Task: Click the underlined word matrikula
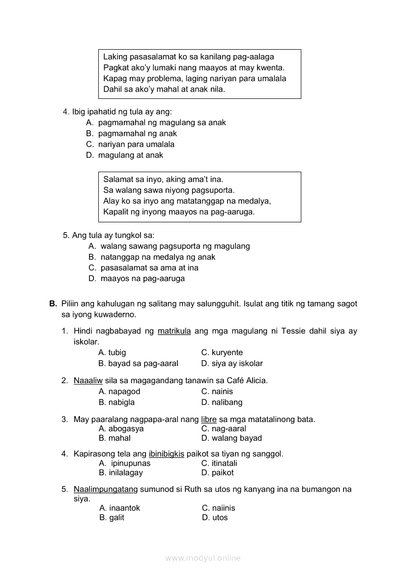[x=174, y=331]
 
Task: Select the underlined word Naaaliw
[x=88, y=380]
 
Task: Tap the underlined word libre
[x=209, y=420]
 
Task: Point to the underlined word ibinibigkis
[x=166, y=454]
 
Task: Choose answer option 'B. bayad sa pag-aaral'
[x=138, y=363]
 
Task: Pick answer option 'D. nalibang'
[x=222, y=402]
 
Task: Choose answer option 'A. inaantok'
[x=119, y=508]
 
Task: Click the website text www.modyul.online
[x=203, y=558]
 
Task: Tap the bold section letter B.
[x=53, y=304]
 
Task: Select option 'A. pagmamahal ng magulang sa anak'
[x=156, y=122]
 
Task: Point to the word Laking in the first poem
[x=115, y=57]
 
